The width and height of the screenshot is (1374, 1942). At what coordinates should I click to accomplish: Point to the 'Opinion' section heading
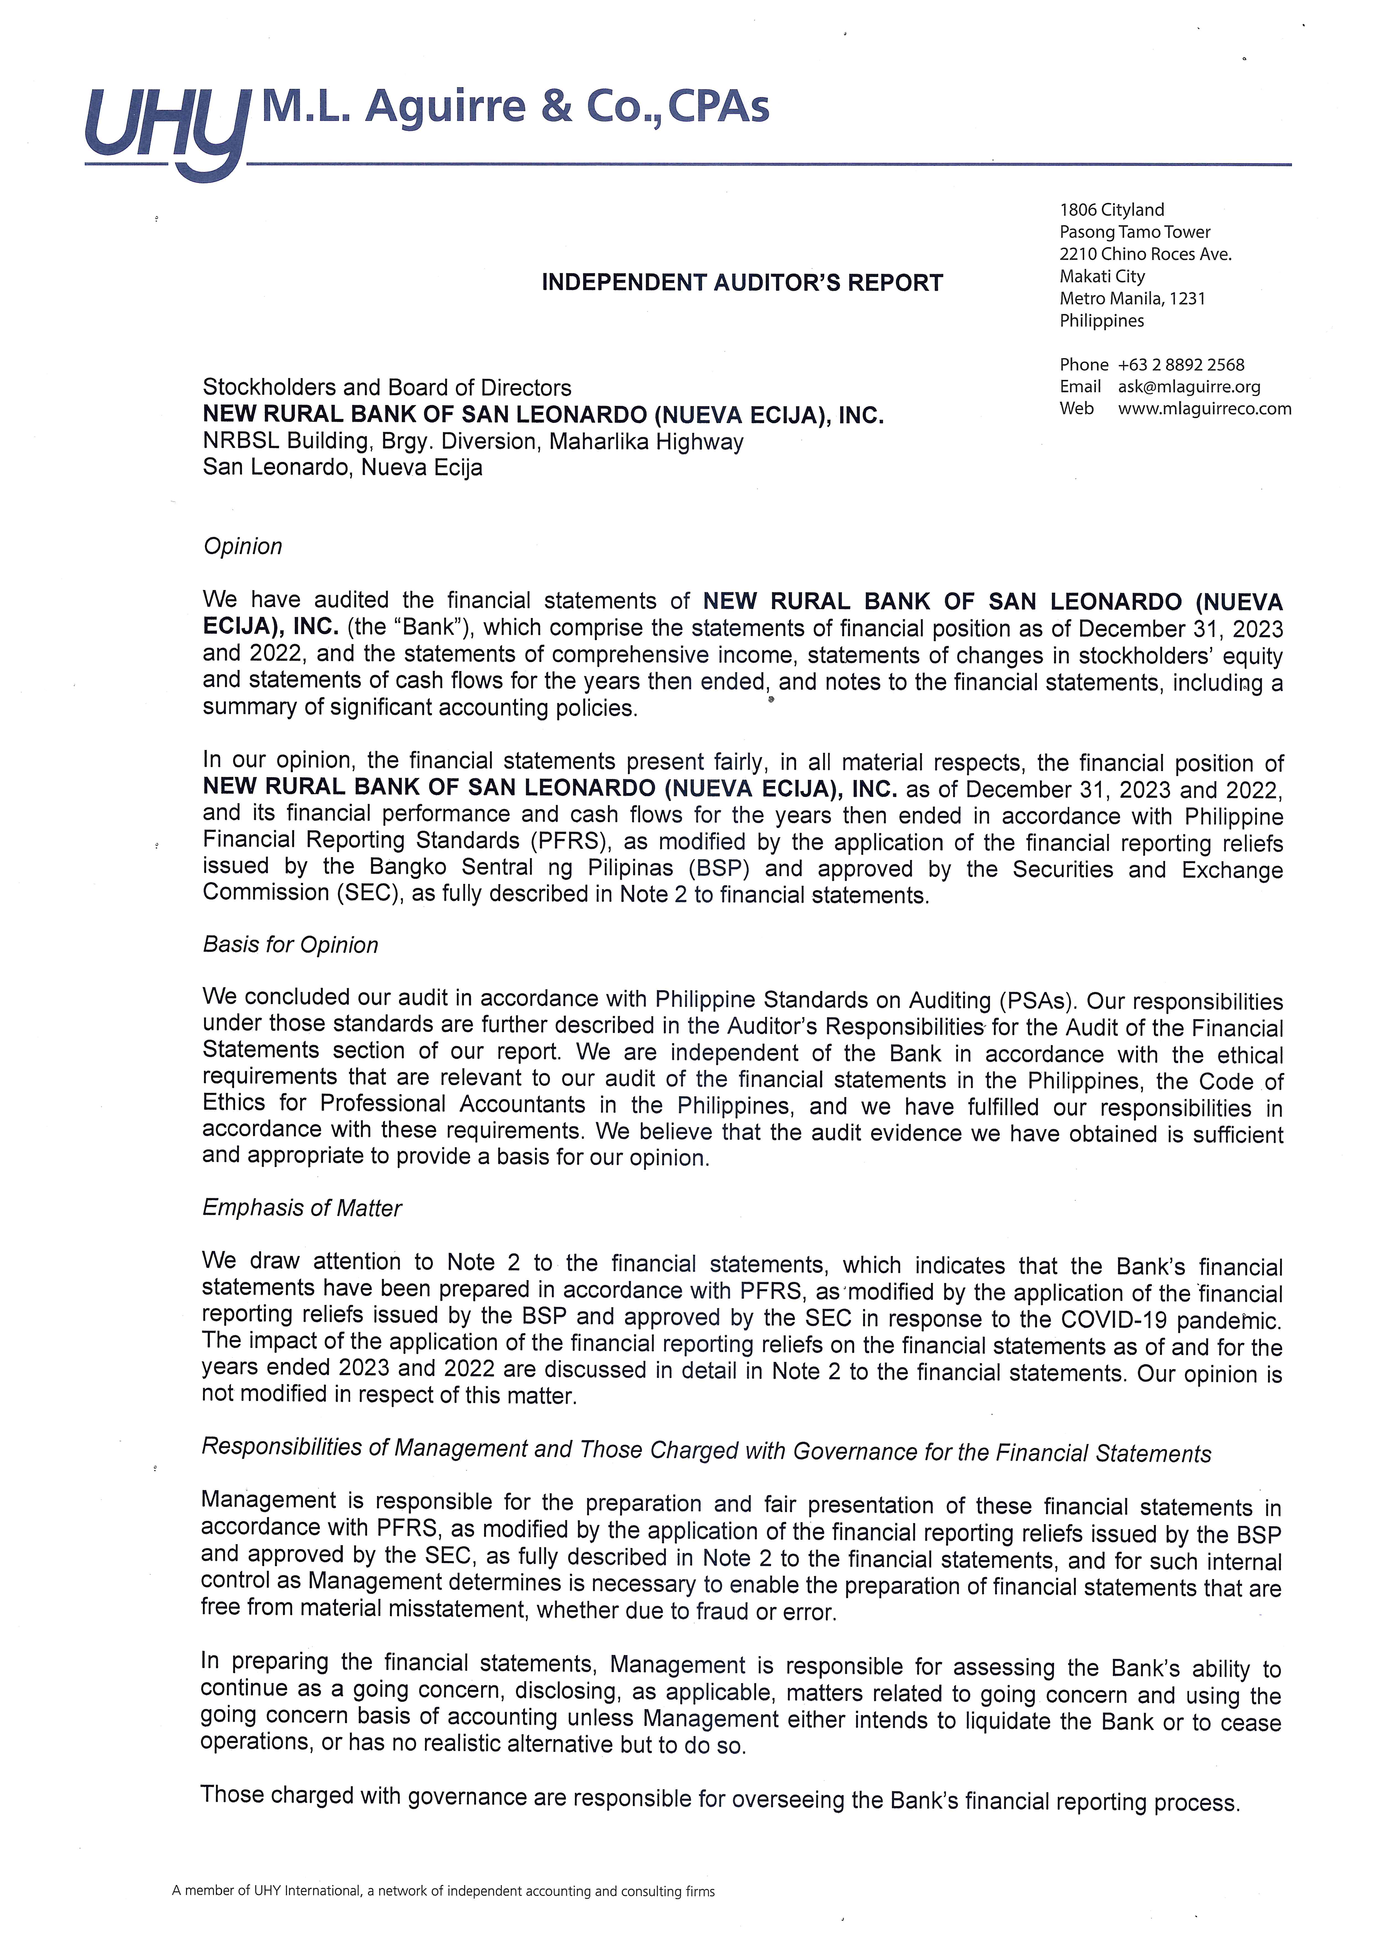click(x=243, y=546)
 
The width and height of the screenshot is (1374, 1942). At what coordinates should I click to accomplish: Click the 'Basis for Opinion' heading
click(x=290, y=945)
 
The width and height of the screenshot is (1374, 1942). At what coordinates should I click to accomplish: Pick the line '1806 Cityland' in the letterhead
click(x=1112, y=210)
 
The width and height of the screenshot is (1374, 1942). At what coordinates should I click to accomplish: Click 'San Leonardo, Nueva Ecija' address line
click(x=343, y=468)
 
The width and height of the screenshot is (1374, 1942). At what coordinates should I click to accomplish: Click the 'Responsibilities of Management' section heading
click(x=706, y=1451)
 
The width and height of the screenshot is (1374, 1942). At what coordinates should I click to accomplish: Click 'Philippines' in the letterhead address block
click(x=1102, y=321)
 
